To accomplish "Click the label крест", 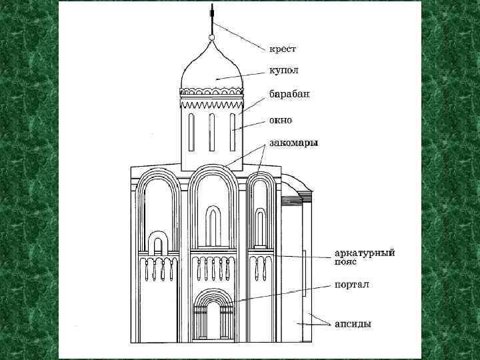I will coord(283,49).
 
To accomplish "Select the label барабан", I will coord(289,93).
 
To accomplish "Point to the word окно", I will coord(281,121).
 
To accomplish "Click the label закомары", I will coord(294,142).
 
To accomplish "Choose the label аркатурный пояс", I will coord(365,257).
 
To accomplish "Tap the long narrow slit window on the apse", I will coord(305,273).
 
